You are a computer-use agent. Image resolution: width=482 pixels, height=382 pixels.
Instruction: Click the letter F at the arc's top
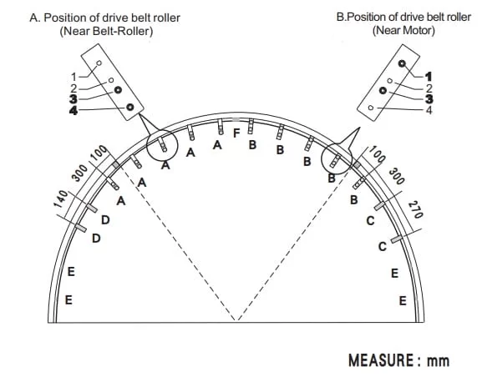[x=236, y=133]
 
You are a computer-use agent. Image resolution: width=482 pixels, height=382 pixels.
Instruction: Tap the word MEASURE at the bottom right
[x=381, y=360]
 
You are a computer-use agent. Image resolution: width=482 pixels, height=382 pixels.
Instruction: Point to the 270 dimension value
[x=415, y=209]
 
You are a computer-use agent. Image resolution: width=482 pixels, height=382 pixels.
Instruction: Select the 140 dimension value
[x=60, y=199]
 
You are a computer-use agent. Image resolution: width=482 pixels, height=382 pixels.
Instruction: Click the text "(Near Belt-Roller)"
[x=106, y=31]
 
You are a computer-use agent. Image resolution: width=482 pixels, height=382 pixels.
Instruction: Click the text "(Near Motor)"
[x=403, y=30]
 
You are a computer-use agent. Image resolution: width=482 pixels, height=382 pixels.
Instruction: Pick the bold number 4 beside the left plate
[x=74, y=110]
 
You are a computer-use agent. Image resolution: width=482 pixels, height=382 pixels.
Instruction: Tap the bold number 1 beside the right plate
[x=429, y=77]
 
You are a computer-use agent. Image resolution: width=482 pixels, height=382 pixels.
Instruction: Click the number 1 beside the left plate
[x=74, y=77]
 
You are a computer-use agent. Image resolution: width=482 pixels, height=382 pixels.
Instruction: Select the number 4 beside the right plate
[x=429, y=110]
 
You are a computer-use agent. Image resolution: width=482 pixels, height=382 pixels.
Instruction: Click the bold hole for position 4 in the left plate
[x=129, y=107]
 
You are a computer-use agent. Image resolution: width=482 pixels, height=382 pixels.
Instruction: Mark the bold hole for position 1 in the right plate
[x=402, y=63]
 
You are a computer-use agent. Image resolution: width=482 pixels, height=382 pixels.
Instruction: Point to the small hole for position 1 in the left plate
[x=99, y=63]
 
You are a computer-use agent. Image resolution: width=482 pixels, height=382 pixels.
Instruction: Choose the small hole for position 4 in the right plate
[x=371, y=108]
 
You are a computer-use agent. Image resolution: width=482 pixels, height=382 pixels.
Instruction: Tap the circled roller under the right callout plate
[x=335, y=160]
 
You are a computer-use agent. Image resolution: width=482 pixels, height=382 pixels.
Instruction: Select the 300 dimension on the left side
[x=79, y=173]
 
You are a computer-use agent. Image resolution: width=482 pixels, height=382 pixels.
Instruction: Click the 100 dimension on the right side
[x=377, y=154]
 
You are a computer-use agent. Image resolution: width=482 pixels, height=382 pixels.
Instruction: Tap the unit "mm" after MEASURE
[x=438, y=361]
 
